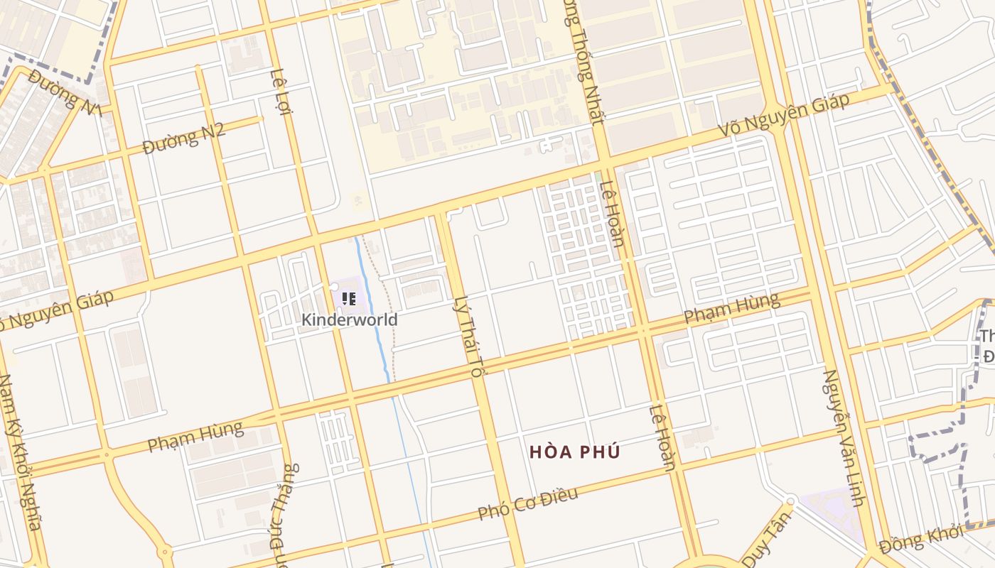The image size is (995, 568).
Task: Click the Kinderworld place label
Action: pyautogui.click(x=349, y=319)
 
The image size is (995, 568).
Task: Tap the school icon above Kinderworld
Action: pyautogui.click(x=348, y=299)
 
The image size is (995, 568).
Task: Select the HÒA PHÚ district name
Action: pyautogui.click(x=575, y=452)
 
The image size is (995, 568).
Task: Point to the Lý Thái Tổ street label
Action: pyautogui.click(x=467, y=336)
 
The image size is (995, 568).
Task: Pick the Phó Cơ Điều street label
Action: pyautogui.click(x=528, y=503)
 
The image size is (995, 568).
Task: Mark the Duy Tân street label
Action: pyautogui.click(x=768, y=538)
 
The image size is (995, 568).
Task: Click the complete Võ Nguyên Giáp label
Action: pyautogui.click(x=784, y=116)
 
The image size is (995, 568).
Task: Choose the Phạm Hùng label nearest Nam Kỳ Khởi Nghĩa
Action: pyautogui.click(x=195, y=436)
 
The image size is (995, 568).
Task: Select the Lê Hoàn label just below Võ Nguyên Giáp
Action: pyautogui.click(x=612, y=214)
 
